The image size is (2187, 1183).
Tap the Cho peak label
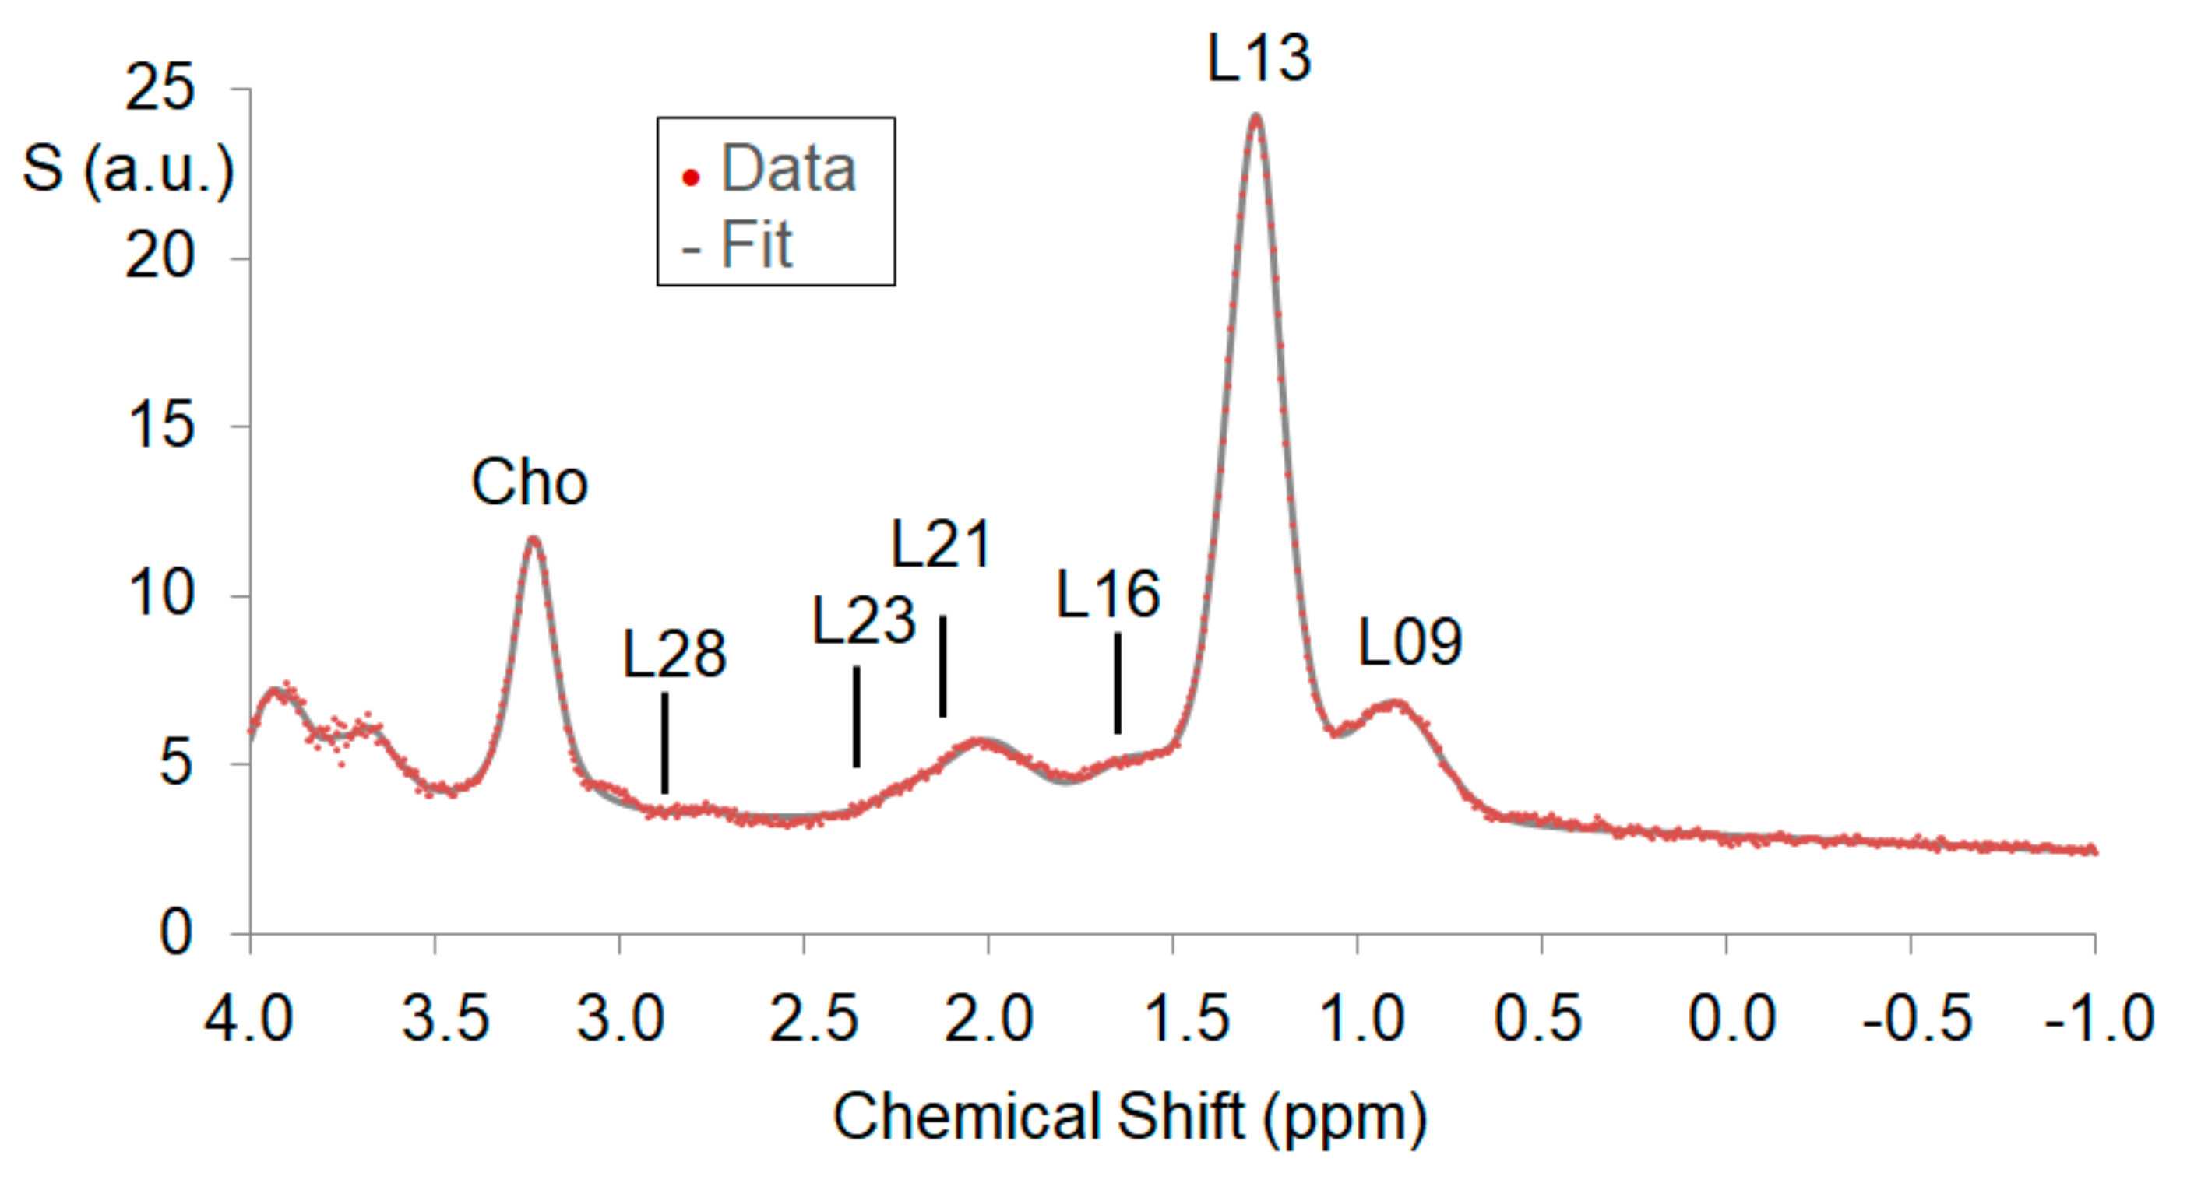pos(529,482)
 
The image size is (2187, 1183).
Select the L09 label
pos(1410,641)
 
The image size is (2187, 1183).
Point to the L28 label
pos(674,655)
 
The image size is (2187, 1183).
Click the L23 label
pos(864,620)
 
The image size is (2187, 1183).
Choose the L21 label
pos(941,544)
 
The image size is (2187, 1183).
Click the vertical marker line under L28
pos(665,743)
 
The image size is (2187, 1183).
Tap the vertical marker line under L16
pos(1118,683)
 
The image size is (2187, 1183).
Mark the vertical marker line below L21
pos(942,666)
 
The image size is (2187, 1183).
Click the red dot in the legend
pos(691,177)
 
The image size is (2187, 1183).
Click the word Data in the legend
pos(788,168)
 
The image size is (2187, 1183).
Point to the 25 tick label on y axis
pos(160,87)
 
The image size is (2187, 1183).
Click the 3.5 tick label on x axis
pos(445,1018)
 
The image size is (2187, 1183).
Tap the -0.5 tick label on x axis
pos(1917,1018)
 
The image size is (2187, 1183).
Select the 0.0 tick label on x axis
pos(1731,1018)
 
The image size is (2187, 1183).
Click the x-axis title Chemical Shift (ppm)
pos(1129,1117)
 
